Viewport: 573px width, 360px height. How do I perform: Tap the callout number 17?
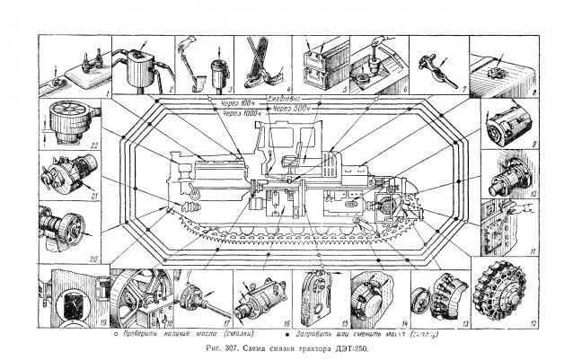[x=227, y=320]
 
